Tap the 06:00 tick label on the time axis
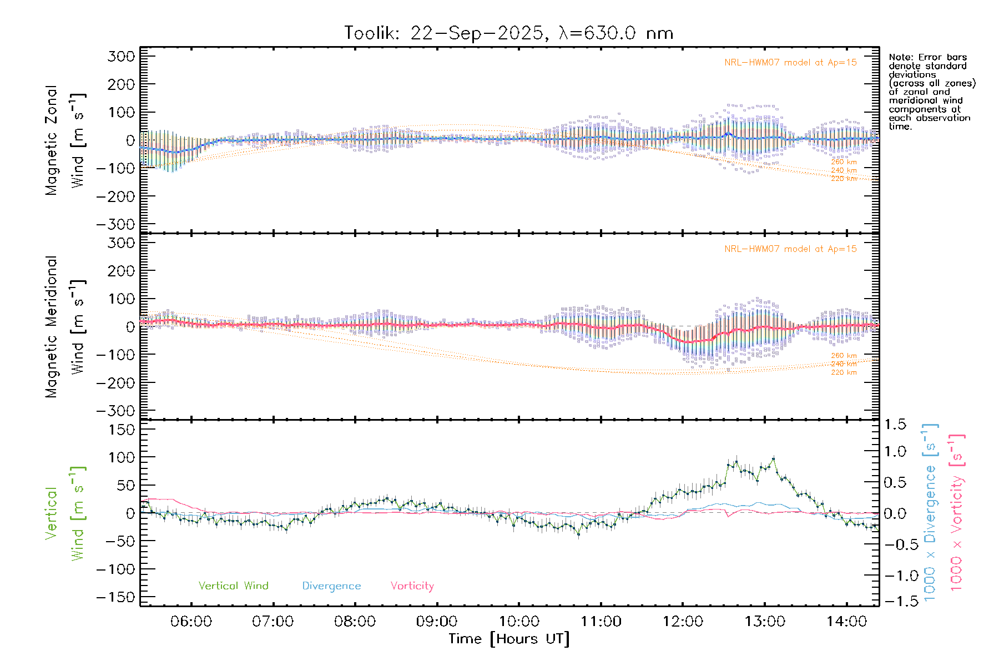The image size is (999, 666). pyautogui.click(x=191, y=622)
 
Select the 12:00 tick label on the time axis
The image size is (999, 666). pyautogui.click(x=683, y=622)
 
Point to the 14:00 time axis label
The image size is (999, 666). pyautogui.click(x=846, y=622)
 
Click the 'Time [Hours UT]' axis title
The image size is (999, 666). pyautogui.click(x=509, y=639)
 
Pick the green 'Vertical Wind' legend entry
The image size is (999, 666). pyautogui.click(x=233, y=586)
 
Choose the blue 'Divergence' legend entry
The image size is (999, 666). pyautogui.click(x=331, y=586)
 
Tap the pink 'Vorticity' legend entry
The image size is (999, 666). pyautogui.click(x=412, y=586)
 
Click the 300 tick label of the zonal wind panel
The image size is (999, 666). pyautogui.click(x=121, y=56)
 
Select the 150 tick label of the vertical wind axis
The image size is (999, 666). pyautogui.click(x=121, y=430)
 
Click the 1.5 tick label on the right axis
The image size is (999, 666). pyautogui.click(x=895, y=425)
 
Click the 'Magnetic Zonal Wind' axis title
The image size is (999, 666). pyautogui.click(x=65, y=140)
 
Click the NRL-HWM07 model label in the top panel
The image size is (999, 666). pyautogui.click(x=790, y=63)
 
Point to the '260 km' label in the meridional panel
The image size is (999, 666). pyautogui.click(x=844, y=356)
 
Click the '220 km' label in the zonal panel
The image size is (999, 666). pyautogui.click(x=844, y=179)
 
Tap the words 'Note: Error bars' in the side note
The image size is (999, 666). pyautogui.click(x=927, y=57)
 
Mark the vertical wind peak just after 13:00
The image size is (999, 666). pyautogui.click(x=774, y=459)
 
